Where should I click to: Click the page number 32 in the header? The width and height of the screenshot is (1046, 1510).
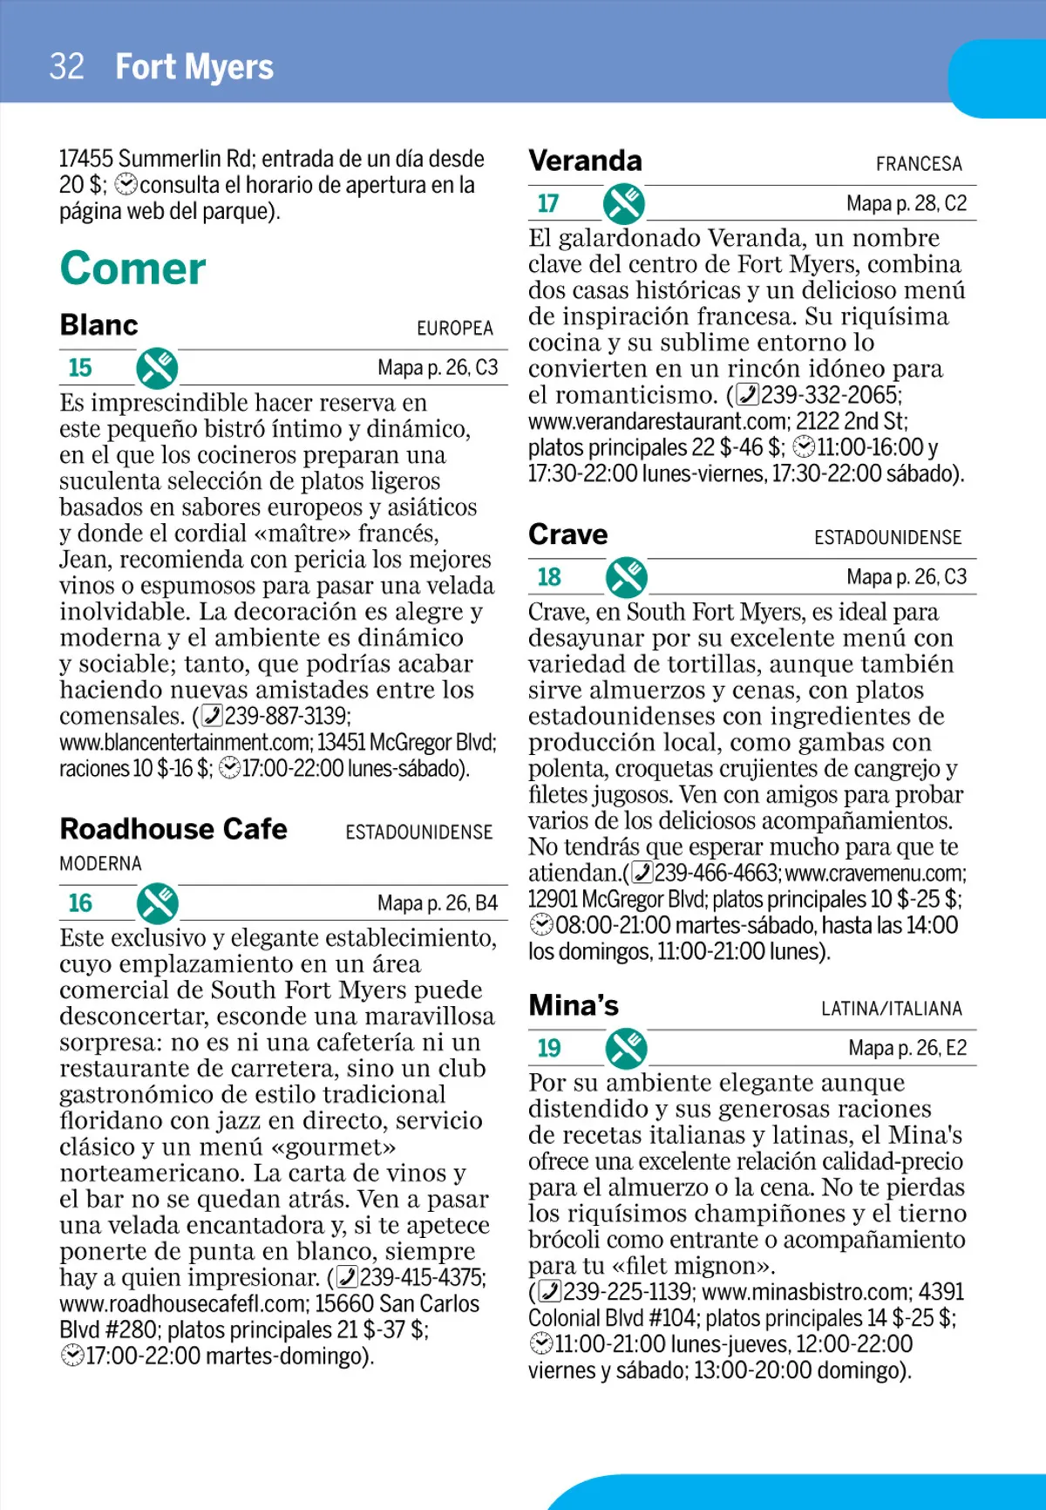[x=67, y=67]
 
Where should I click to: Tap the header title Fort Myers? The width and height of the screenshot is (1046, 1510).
[x=194, y=67]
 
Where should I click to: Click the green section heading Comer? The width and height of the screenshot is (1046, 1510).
[x=132, y=269]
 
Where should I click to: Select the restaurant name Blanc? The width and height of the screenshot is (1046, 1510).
[x=99, y=325]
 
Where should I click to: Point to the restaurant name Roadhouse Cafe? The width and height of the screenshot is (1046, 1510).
[x=173, y=829]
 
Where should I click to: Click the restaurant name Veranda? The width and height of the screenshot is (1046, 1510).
[x=585, y=161]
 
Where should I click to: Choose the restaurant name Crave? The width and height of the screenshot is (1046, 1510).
[x=568, y=534]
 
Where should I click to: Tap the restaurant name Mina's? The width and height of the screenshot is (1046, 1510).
[x=574, y=1006]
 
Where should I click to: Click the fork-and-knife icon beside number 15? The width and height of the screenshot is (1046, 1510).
[x=157, y=368]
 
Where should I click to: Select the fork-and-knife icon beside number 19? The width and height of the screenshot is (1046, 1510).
[x=627, y=1048]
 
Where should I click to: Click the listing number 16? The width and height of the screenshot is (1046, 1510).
[x=80, y=903]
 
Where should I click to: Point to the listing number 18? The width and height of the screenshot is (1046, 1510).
[x=549, y=577]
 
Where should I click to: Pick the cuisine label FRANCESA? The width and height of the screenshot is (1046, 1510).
[x=919, y=164]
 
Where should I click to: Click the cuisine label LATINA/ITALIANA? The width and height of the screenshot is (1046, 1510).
[x=891, y=1009]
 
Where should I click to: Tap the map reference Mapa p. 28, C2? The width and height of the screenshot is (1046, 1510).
[x=907, y=204]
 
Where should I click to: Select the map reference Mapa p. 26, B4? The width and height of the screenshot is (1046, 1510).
[x=438, y=903]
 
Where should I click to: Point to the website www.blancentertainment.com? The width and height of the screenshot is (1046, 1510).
[x=186, y=743]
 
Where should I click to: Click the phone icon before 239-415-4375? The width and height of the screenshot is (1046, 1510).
[x=347, y=1277]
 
